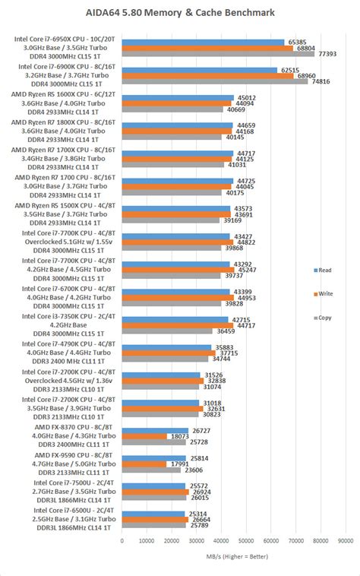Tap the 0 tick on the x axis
122,541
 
